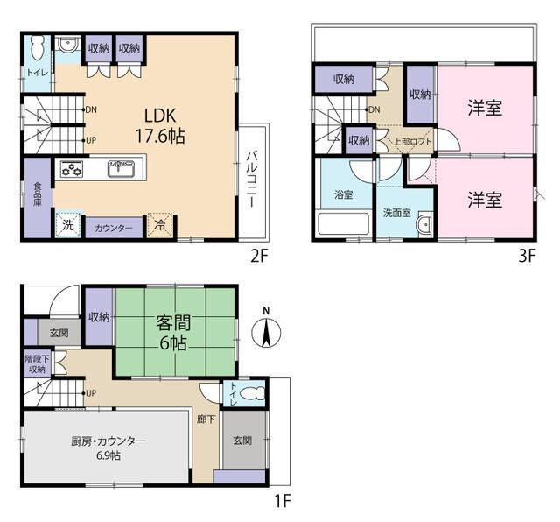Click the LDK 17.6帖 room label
coord(160,126)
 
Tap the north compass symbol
coord(266,330)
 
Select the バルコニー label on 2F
coord(252,180)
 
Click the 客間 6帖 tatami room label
coord(173,333)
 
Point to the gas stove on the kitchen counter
coord(72,168)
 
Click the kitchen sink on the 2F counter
coord(121,168)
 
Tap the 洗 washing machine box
coord(68,225)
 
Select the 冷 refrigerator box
coord(160,226)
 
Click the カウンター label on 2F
coord(114,228)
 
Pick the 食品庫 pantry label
coord(38,194)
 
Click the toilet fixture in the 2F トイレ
coord(37,48)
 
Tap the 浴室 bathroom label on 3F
coord(344,194)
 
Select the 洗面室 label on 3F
coord(396,213)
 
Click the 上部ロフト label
coord(412,142)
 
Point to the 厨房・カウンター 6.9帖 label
coord(108,448)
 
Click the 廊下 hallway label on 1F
coord(206,419)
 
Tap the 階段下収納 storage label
coord(37,364)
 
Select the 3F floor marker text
coord(527,256)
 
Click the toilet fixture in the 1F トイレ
coord(253,394)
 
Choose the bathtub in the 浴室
coord(344,224)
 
